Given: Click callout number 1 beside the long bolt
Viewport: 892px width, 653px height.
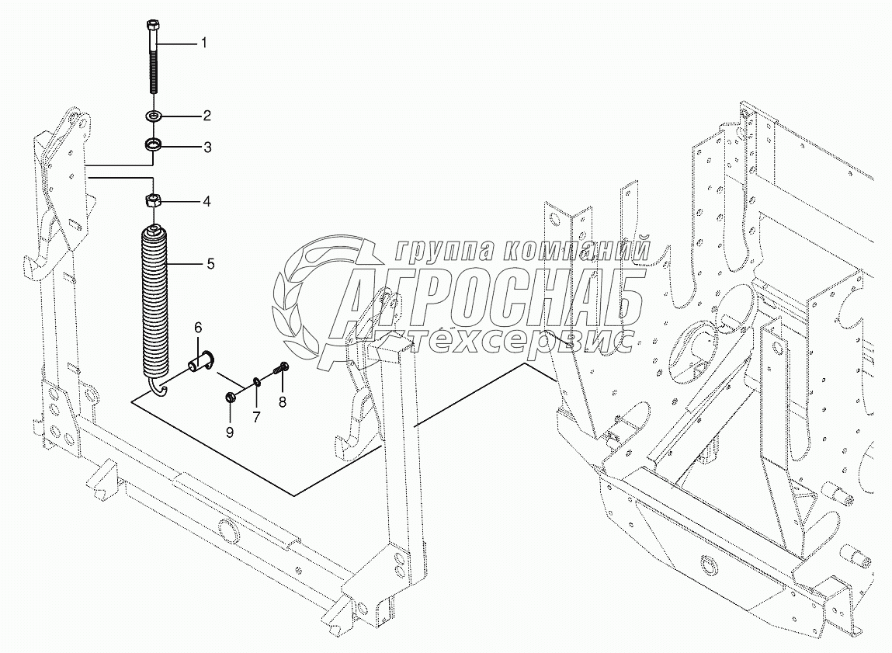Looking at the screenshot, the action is pos(203,43).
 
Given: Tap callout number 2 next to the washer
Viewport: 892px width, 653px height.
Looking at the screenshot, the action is pos(207,116).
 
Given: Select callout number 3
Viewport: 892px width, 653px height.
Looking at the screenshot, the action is pos(207,148).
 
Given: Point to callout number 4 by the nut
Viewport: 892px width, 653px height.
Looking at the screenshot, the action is pos(207,201).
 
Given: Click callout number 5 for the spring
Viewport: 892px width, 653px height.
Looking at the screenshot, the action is pos(210,264).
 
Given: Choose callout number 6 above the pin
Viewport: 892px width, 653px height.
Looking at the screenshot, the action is pos(198,327).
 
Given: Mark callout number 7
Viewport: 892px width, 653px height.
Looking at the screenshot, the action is pos(256,418).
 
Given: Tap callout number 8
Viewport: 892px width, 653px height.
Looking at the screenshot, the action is pos(282,403).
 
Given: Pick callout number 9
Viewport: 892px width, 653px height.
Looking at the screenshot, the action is pos(230,432).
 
